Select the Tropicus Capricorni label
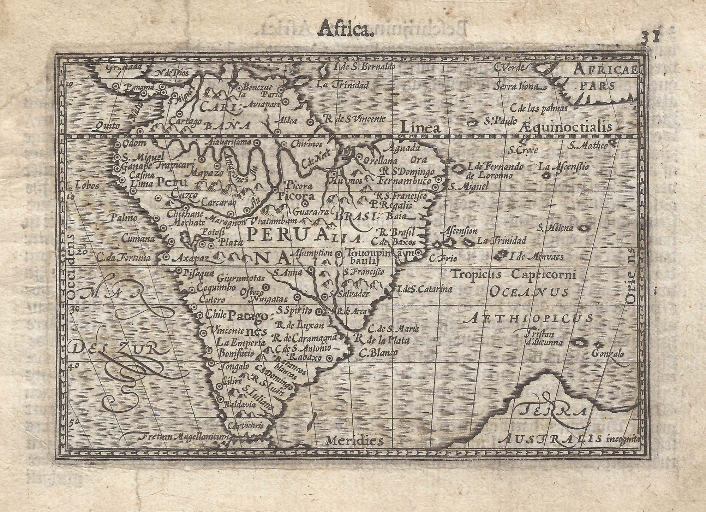(x=513, y=274)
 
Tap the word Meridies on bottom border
(x=355, y=440)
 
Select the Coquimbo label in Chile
(x=216, y=288)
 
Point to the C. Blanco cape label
(x=378, y=353)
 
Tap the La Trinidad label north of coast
(x=342, y=85)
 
